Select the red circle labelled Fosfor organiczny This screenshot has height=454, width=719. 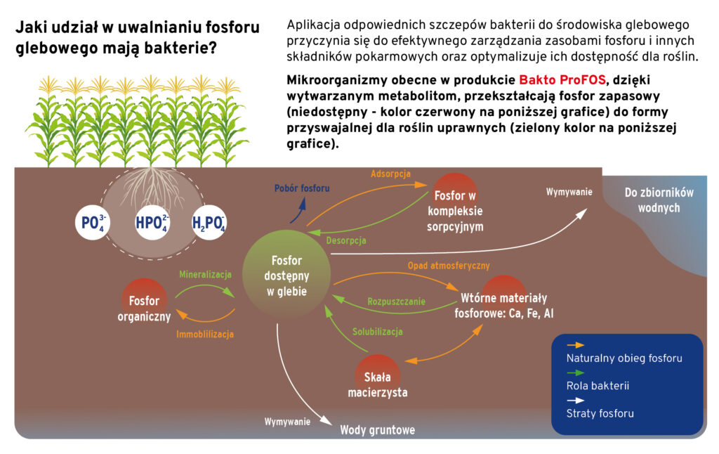(x=145, y=302)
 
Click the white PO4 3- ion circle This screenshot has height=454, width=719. (x=92, y=223)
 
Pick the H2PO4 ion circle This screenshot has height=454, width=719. (x=209, y=223)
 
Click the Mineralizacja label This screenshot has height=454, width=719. (x=205, y=274)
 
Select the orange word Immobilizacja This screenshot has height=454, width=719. (x=205, y=335)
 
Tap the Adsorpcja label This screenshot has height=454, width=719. (x=390, y=174)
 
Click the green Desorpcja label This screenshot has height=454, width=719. (x=346, y=240)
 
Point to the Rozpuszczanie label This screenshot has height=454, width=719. (x=397, y=301)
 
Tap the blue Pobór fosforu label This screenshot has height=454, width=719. (x=301, y=188)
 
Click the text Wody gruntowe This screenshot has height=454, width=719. (x=377, y=429)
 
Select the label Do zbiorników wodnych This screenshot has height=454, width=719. (x=659, y=200)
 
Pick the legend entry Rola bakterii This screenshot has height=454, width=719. (x=598, y=386)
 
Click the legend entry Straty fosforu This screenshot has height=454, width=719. (x=600, y=413)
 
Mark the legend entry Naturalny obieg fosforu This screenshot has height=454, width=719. (x=624, y=358)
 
